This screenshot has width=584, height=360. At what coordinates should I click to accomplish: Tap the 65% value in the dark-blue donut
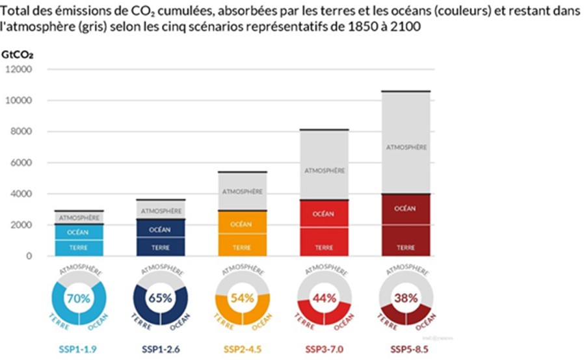point(161,298)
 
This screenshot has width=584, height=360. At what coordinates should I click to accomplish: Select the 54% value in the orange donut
point(243,298)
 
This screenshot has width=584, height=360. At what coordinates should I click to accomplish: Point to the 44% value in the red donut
point(324,298)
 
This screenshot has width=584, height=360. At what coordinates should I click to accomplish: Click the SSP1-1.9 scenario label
point(79,349)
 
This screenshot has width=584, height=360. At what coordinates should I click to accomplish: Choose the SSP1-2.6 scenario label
point(161,349)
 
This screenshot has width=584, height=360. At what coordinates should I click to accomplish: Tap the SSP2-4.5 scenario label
point(242,349)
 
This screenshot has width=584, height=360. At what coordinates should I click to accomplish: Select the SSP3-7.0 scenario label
point(324,349)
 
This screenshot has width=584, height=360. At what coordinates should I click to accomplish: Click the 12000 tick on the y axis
point(20,70)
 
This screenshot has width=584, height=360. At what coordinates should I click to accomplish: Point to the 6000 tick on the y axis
point(21,163)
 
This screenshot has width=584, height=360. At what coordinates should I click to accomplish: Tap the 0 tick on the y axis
point(29,256)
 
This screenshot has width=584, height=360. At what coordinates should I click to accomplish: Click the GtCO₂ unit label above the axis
point(18,54)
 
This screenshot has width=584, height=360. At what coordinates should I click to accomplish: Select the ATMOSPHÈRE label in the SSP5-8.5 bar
point(406,148)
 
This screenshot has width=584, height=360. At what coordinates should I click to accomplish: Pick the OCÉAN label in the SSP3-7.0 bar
point(324,214)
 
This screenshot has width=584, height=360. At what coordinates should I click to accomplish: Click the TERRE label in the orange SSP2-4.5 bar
point(242,248)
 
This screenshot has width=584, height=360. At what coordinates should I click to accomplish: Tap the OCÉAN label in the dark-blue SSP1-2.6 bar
point(161,229)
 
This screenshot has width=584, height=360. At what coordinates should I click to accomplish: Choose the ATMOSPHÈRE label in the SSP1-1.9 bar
point(79,217)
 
